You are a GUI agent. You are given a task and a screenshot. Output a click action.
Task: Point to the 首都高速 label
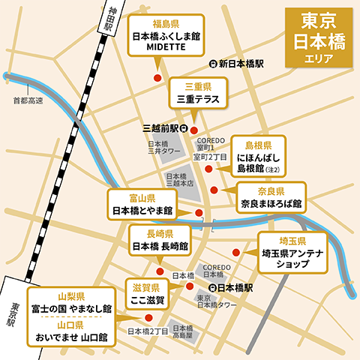tap(28, 100)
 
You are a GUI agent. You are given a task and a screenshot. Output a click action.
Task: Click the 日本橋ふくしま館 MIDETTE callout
tap(164, 34)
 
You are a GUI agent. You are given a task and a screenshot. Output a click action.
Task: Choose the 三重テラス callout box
tap(196, 92)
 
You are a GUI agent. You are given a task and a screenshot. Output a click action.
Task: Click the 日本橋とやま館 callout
tap(142, 205)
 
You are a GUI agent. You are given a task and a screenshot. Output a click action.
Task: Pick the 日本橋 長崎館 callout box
tap(160, 239)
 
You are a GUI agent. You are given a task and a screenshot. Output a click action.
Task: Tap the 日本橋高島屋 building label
tap(182, 332)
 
